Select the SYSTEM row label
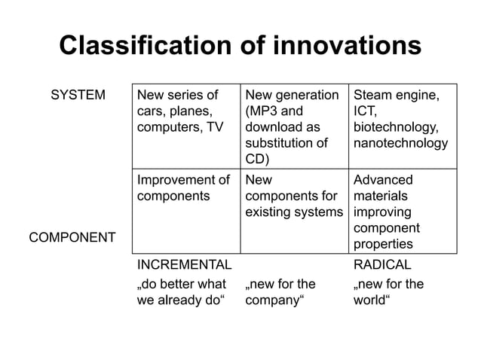pos(78,96)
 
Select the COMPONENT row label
pos(72,238)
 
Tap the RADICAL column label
pos(382,265)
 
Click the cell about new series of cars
pos(181,111)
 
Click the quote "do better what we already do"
pos(181,292)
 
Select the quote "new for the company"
pos(280,292)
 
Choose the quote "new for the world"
pos(388,292)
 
